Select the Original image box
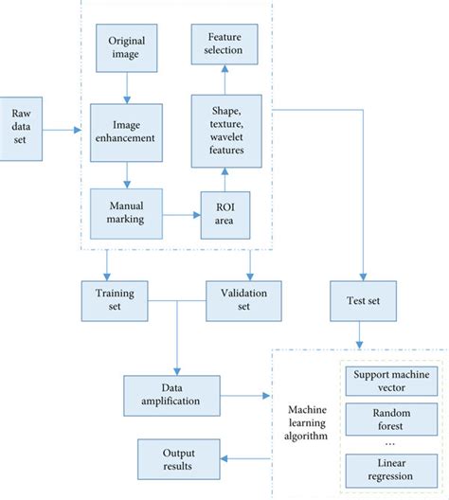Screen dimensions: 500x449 (x=126, y=48)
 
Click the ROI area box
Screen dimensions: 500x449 (x=225, y=215)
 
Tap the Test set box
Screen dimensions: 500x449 (x=361, y=300)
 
